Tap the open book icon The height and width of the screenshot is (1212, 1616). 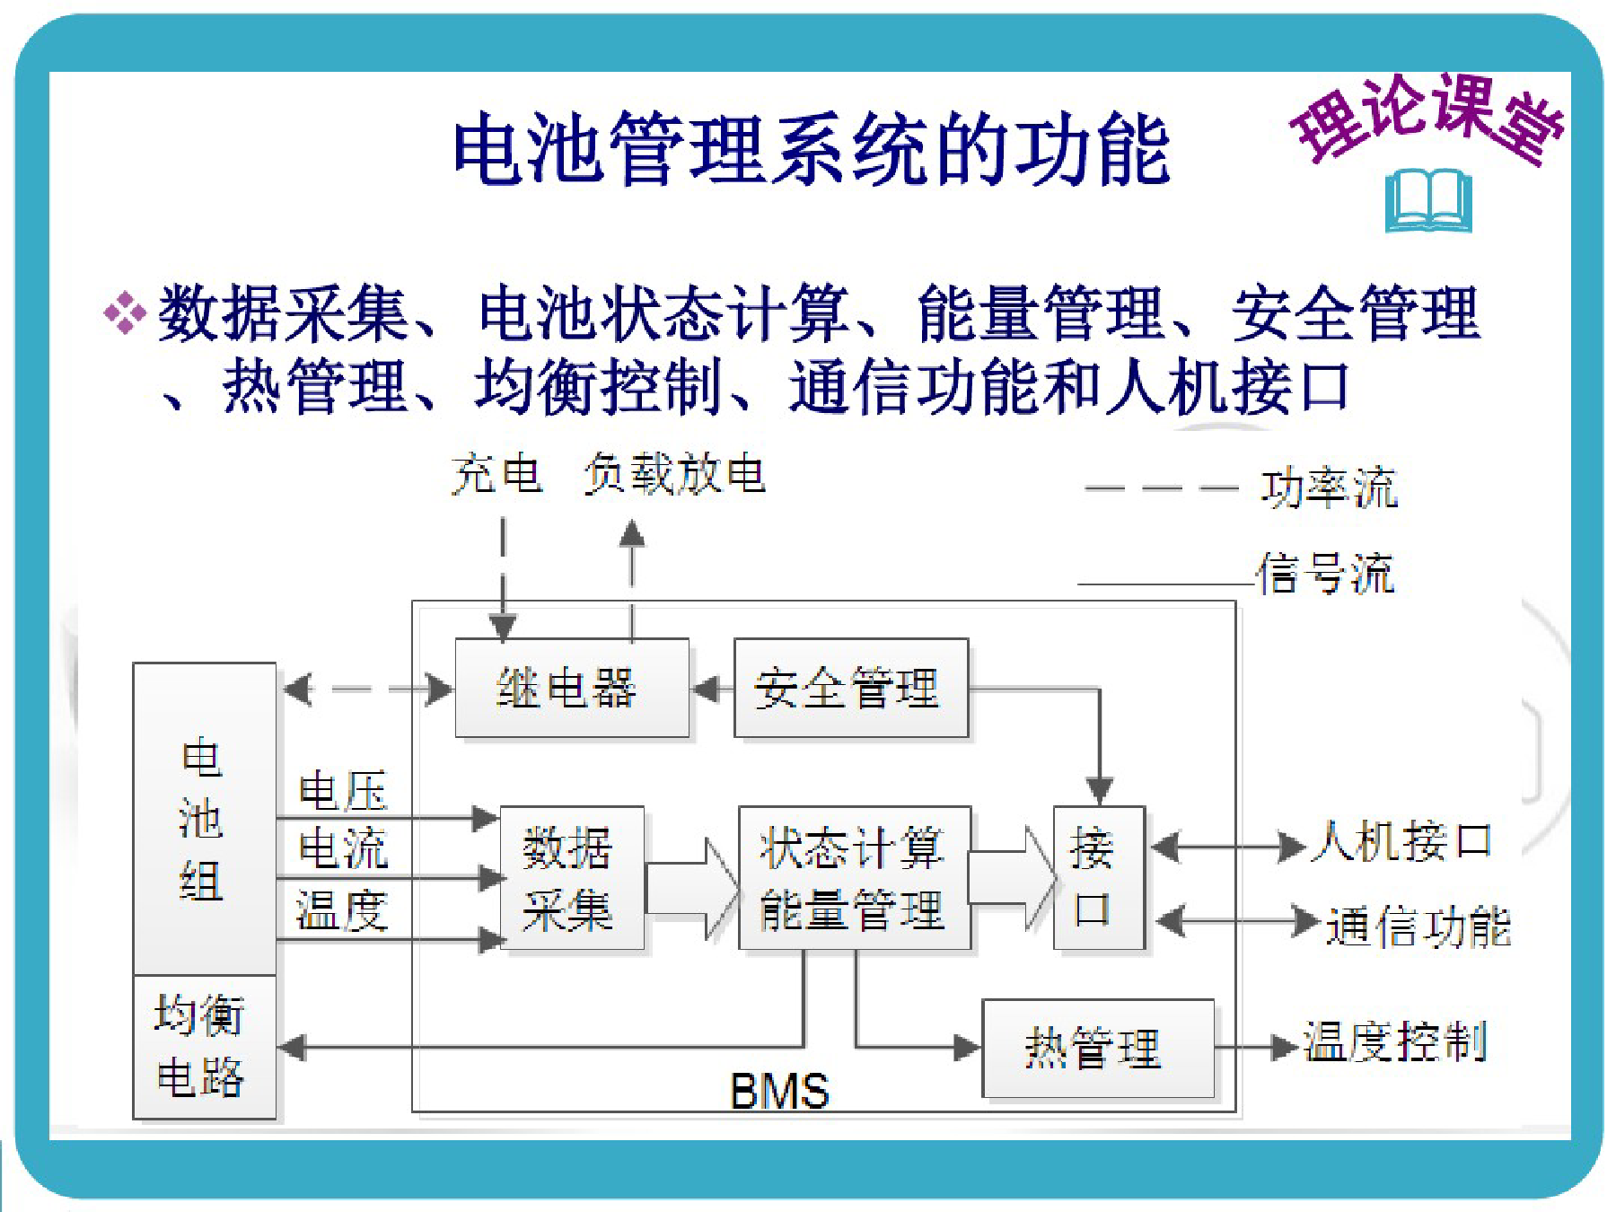(x=1428, y=200)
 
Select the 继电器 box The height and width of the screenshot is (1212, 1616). (x=572, y=688)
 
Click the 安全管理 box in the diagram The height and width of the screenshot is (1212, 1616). (x=851, y=688)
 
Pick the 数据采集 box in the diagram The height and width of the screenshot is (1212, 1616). (x=572, y=877)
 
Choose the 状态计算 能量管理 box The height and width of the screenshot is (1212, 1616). (x=855, y=877)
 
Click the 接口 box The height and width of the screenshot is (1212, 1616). (x=1099, y=877)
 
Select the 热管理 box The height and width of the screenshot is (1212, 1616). (x=1098, y=1048)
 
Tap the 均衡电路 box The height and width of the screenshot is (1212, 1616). (x=204, y=1047)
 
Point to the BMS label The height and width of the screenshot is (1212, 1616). (x=779, y=1091)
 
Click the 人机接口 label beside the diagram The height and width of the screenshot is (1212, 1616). (x=1401, y=842)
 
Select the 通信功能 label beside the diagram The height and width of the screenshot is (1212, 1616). (x=1418, y=927)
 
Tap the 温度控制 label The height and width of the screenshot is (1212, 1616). (x=1396, y=1042)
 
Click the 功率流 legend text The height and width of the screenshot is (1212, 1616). (x=1330, y=488)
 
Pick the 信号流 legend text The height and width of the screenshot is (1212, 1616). (x=1326, y=573)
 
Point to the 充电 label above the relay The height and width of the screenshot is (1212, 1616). (x=496, y=473)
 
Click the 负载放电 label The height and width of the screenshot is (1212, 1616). (x=674, y=473)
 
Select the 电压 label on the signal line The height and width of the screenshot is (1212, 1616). (x=343, y=791)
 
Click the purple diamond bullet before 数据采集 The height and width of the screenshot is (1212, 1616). (x=126, y=313)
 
